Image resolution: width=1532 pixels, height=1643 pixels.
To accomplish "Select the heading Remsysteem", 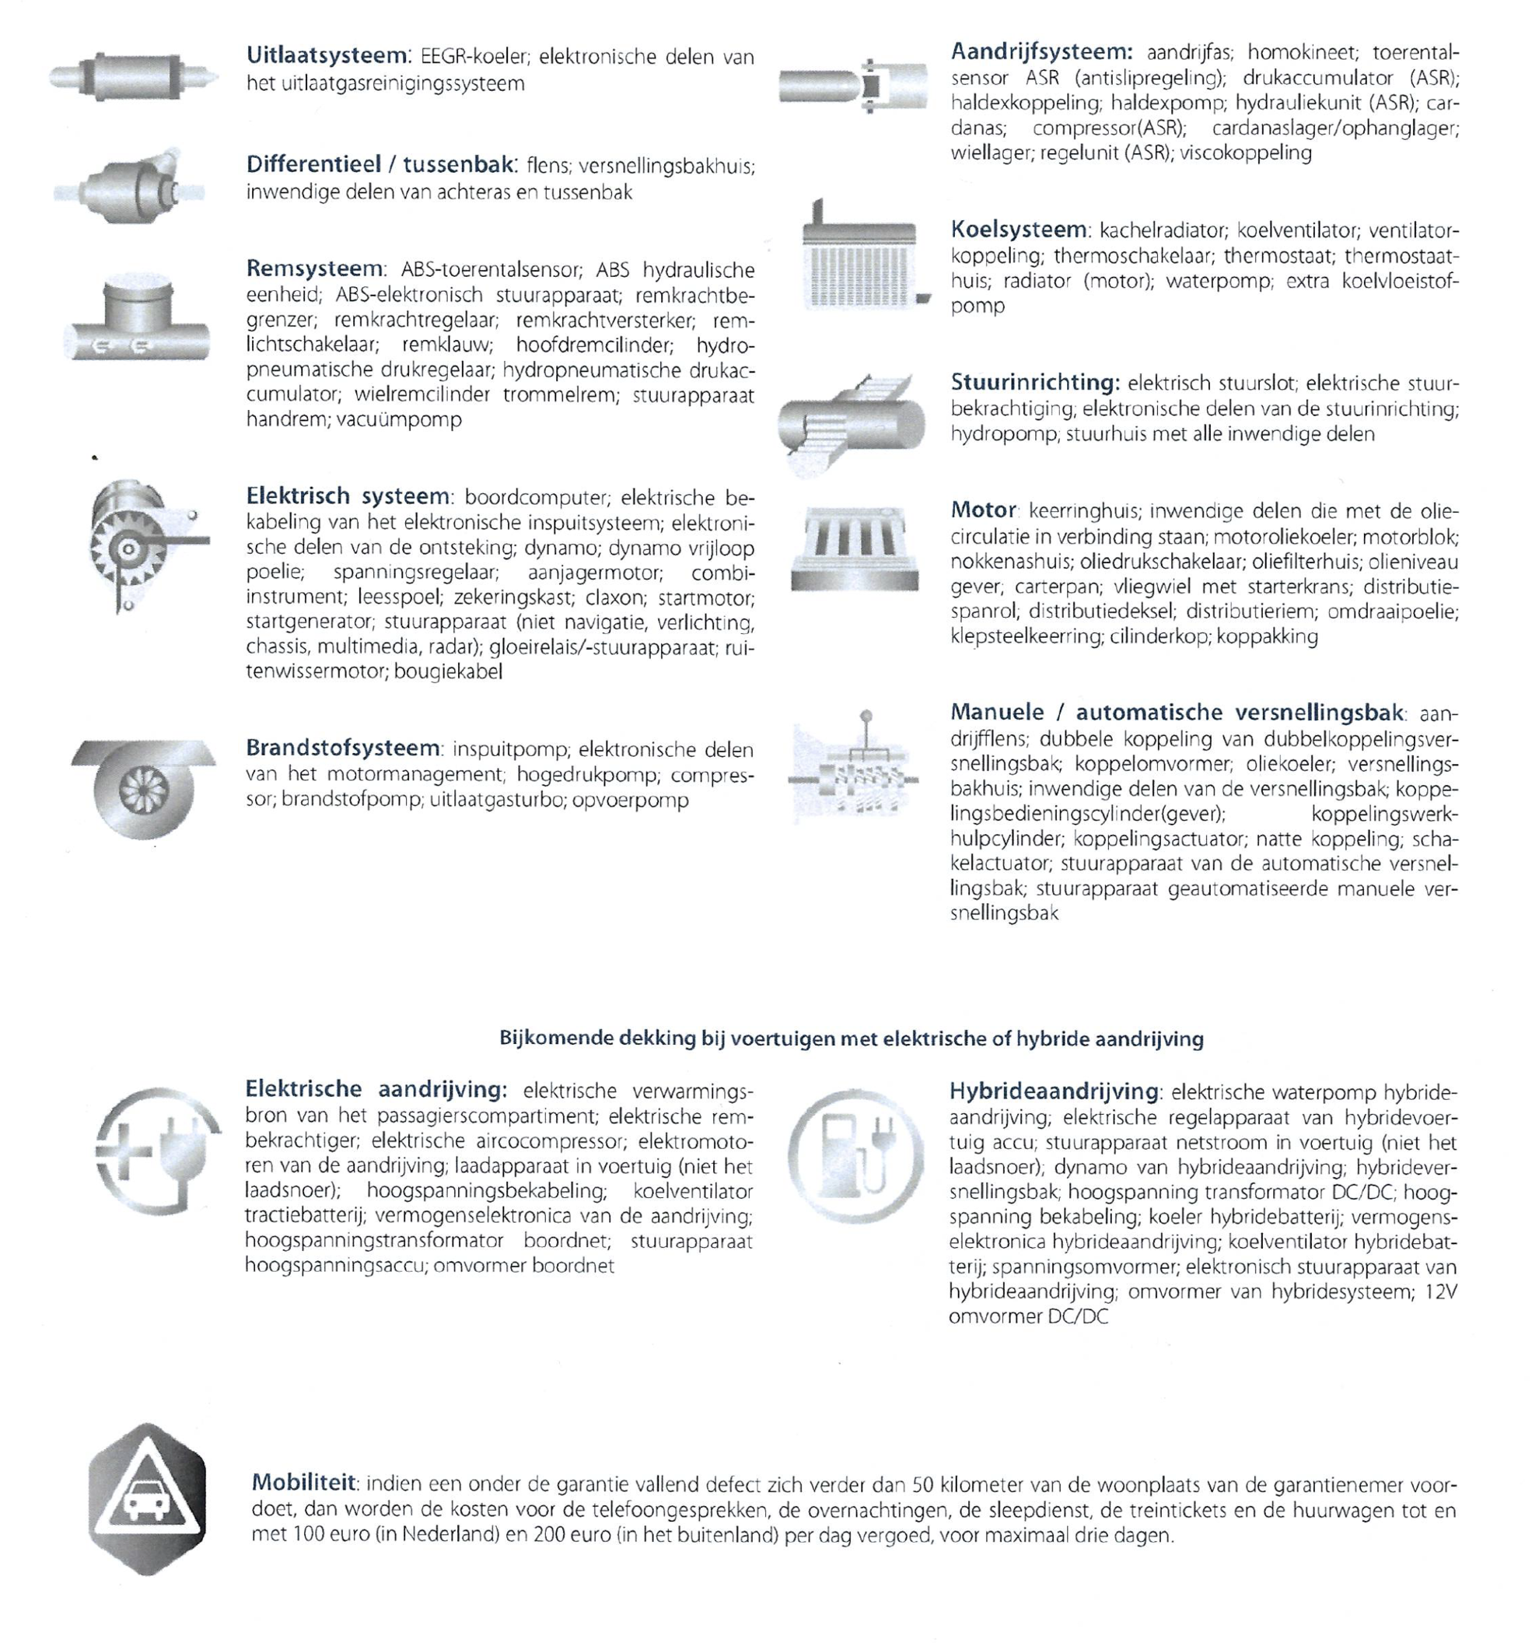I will tap(315, 268).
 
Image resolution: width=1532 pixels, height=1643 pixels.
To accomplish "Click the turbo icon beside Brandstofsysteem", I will tap(143, 786).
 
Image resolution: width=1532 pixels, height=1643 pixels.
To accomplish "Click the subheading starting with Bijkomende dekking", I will tap(851, 1039).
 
